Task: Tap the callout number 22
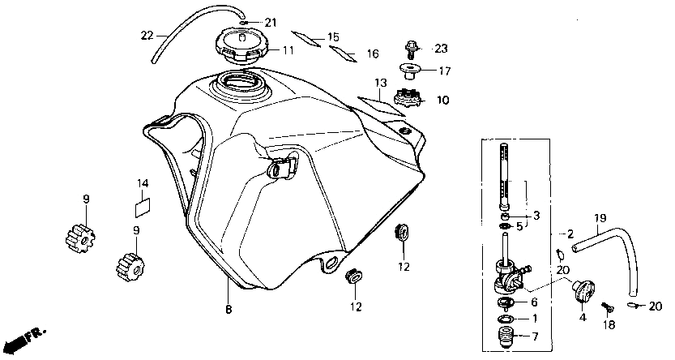[x=147, y=36]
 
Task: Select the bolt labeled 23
[x=411, y=50]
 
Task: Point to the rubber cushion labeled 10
[x=408, y=98]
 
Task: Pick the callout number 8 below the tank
[x=229, y=309]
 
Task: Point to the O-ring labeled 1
[x=506, y=319]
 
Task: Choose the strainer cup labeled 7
[x=507, y=336]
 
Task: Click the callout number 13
[x=381, y=83]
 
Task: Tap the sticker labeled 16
[x=343, y=54]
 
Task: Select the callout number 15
[x=333, y=37]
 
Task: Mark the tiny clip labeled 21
[x=243, y=23]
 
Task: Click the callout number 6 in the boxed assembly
[x=534, y=302]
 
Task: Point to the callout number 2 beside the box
[x=570, y=234]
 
